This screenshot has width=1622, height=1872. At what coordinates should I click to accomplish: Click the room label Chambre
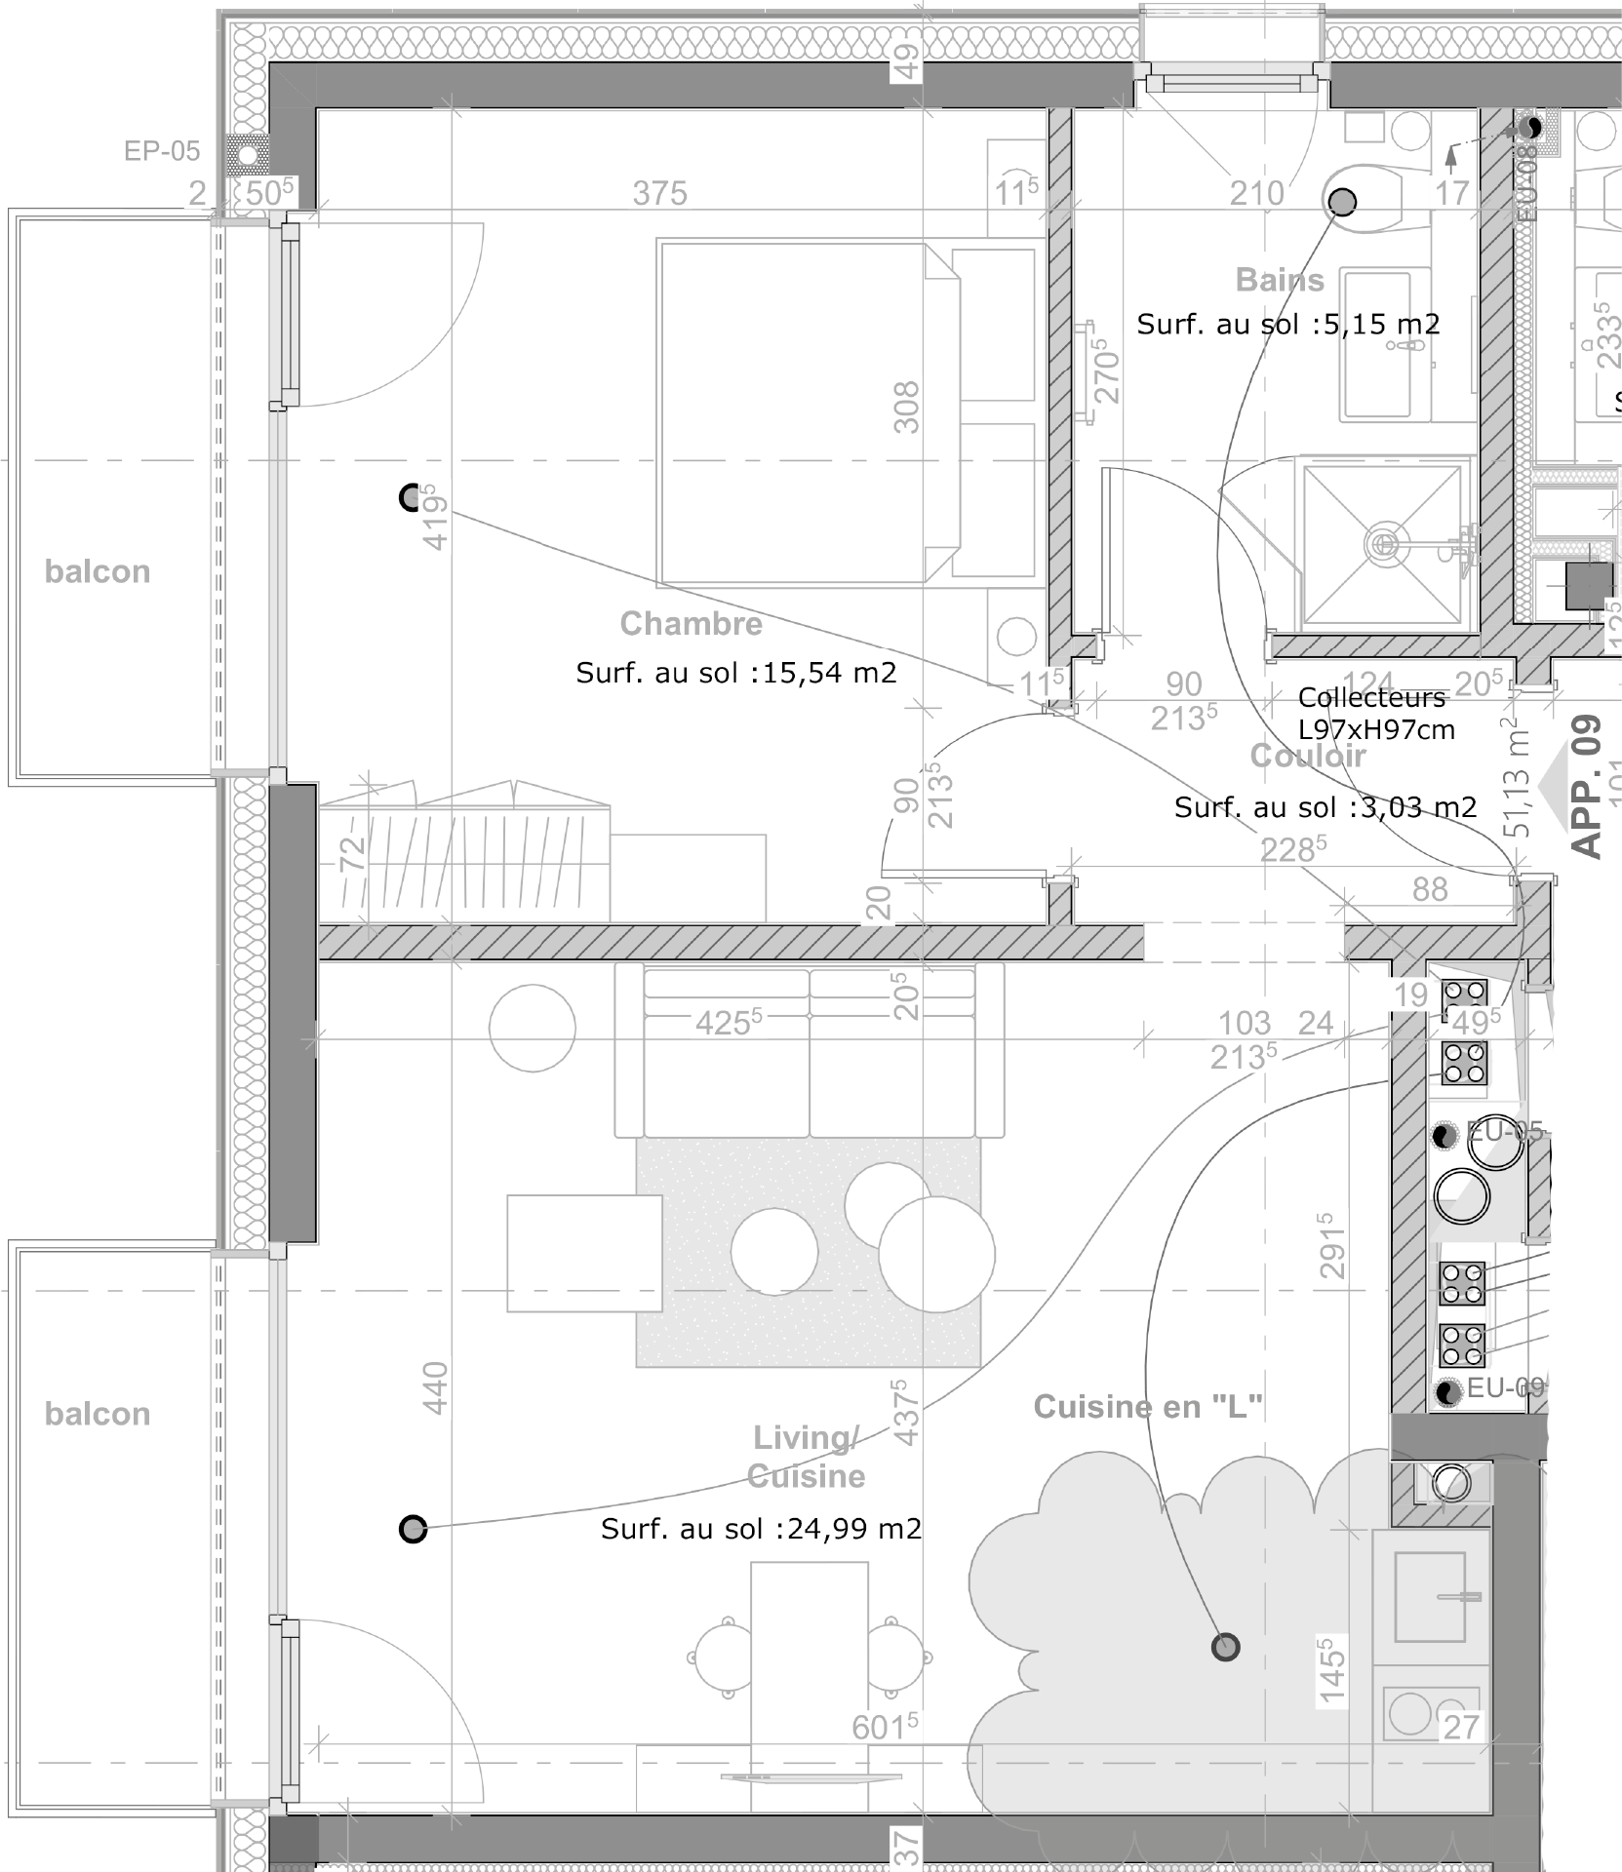pos(691,623)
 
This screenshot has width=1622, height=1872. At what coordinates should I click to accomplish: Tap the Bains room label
pos(1280,280)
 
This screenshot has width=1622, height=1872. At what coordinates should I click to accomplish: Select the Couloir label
pos(1308,756)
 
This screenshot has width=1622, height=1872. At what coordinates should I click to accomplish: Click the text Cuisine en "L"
pos(1148,1406)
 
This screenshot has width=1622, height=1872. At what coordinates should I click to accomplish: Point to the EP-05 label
pos(162,151)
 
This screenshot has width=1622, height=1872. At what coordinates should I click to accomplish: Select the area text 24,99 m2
pos(853,1528)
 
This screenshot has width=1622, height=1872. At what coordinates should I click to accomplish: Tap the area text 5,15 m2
pos(1382,324)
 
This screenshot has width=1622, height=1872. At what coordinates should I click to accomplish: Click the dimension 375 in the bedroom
pos(659,193)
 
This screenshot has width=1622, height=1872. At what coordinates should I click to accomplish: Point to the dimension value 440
pos(435,1387)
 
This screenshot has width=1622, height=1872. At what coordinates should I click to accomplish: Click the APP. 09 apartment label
pos(1587,786)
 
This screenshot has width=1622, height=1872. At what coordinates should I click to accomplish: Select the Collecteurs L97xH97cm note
pos(1375,713)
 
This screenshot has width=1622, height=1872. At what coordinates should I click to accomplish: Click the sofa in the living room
pos(809,1051)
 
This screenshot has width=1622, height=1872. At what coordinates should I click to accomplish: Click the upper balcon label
pos(98,571)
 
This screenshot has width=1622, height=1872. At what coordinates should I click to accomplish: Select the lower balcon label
pos(98,1414)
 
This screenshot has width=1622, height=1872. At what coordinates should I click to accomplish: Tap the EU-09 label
pos(1505,1387)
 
